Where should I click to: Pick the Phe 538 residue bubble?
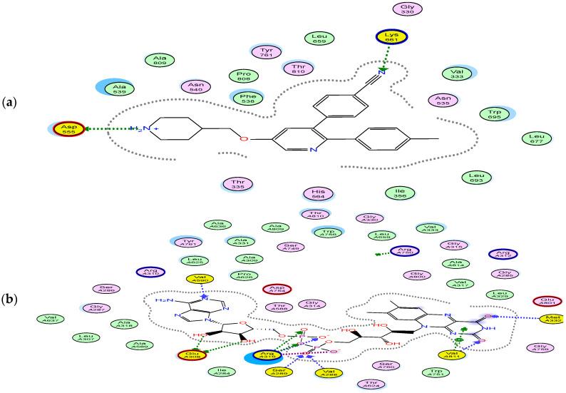[x=247, y=98]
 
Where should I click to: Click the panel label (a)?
[x=11, y=103]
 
